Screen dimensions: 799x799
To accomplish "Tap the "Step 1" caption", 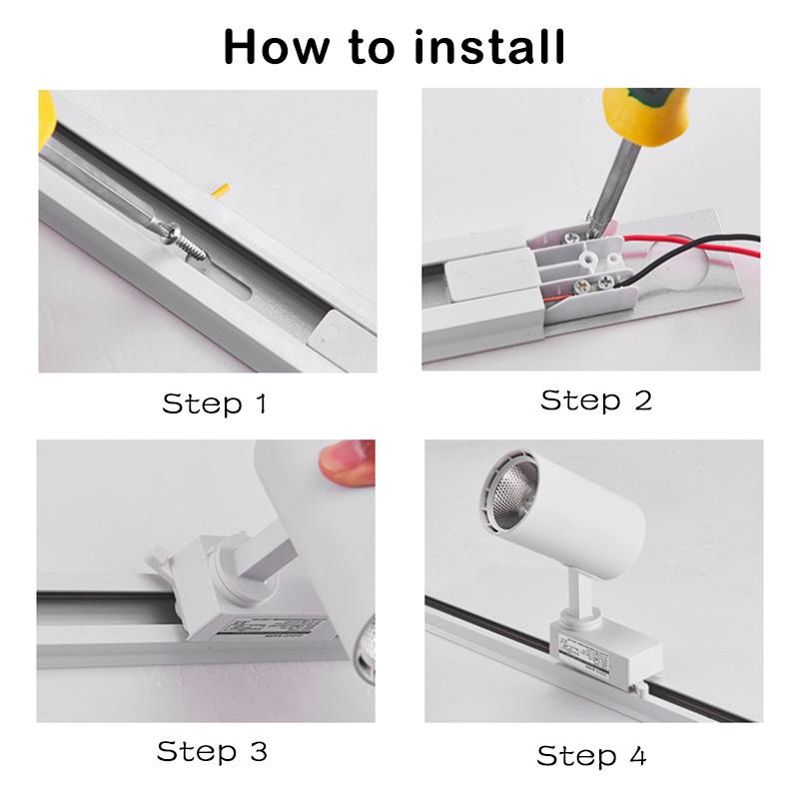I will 214,403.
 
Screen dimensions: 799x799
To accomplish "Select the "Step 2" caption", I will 595,400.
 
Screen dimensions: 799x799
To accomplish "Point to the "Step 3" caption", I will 212,751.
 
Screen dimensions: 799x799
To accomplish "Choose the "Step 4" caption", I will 591,755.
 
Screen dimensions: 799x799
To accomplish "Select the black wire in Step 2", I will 699,276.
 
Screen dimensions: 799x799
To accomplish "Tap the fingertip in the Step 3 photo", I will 345,461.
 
